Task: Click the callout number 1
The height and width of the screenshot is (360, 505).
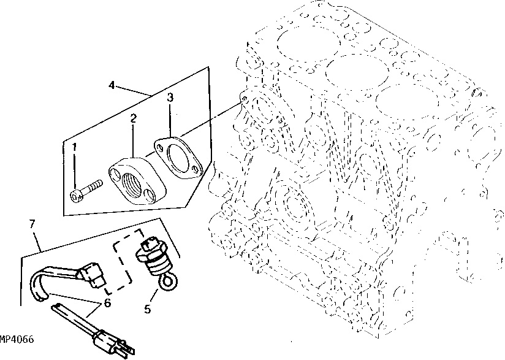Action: click(x=75, y=147)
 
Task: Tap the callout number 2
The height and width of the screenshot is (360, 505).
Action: click(x=132, y=117)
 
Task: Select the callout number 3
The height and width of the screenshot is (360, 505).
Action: click(x=170, y=97)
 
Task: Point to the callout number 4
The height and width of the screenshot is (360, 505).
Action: click(x=112, y=86)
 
